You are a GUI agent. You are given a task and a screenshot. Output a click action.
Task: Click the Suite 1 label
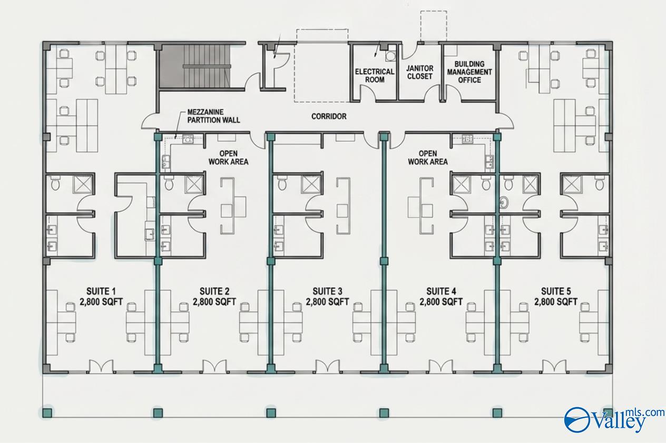[x=101, y=296]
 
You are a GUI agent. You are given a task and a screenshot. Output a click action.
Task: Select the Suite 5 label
[x=556, y=296]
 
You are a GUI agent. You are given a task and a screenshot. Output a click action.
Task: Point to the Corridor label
[x=329, y=116]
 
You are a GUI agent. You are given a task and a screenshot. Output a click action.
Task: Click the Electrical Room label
[x=375, y=76]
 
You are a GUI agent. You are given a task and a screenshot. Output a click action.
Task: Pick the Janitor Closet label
[x=420, y=73]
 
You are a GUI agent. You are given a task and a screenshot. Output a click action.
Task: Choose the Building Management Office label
[x=469, y=72]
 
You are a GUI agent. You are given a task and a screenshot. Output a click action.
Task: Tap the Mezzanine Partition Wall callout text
[x=214, y=116]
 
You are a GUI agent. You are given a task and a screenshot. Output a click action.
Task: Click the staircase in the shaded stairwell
[x=207, y=66]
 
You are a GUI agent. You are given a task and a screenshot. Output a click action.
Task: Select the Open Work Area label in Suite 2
[x=228, y=158]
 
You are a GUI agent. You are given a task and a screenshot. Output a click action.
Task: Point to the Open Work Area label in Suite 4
[x=428, y=158]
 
